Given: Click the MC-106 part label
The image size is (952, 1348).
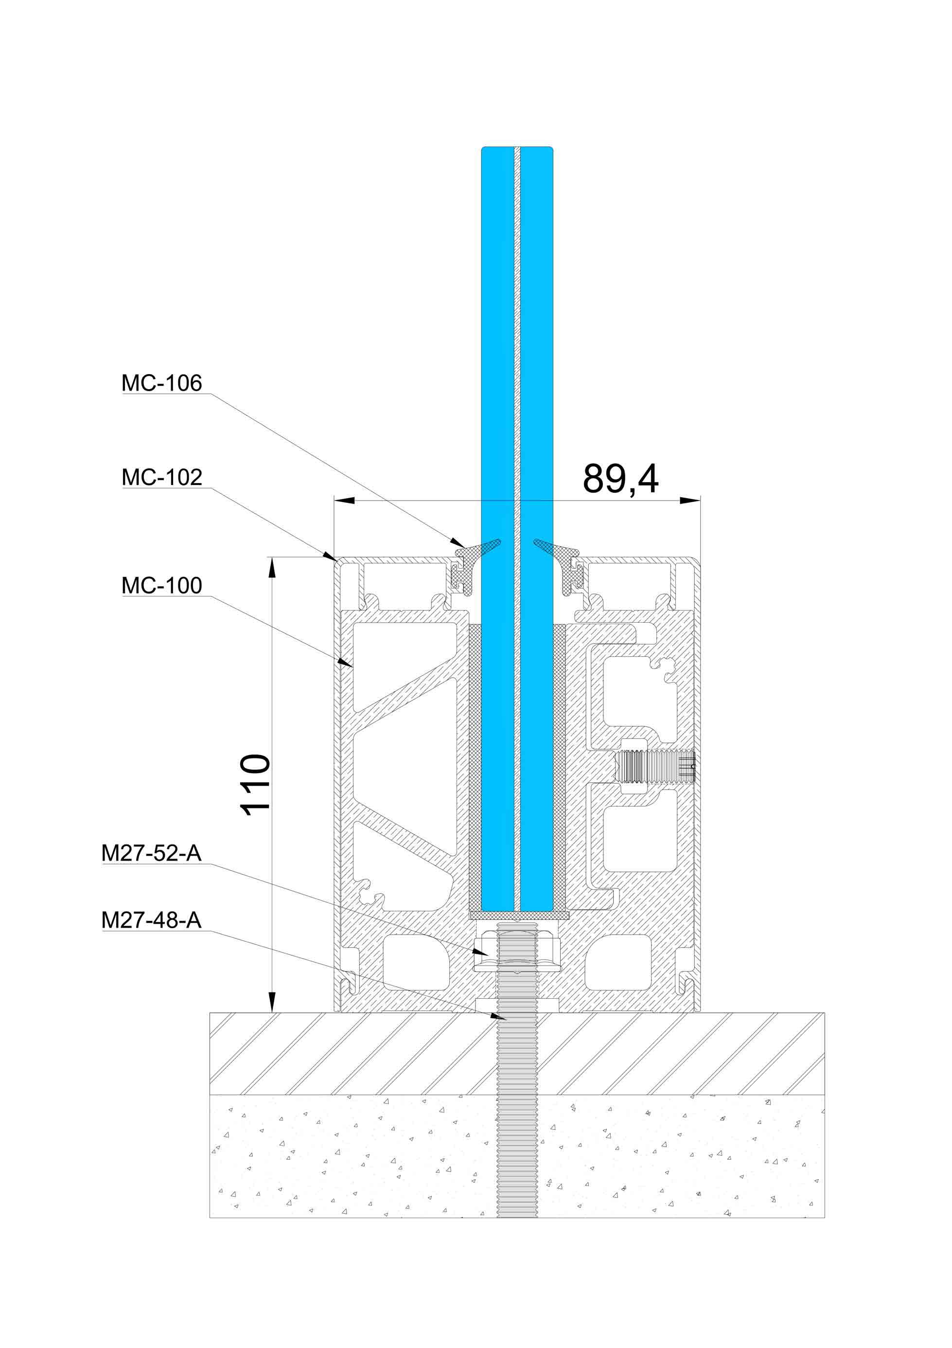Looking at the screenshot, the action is click(x=161, y=383).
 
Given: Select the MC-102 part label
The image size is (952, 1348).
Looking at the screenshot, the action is click(x=161, y=477).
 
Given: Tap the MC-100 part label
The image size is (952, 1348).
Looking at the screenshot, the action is click(x=161, y=585).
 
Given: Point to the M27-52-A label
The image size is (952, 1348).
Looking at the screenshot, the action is click(x=151, y=853).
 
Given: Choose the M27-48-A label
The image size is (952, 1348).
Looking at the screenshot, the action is click(x=151, y=920).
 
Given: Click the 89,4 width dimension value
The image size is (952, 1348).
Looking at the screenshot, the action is click(x=620, y=479).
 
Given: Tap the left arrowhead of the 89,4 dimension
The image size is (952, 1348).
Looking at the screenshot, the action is click(x=344, y=500).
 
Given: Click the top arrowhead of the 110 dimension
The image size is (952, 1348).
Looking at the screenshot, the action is click(x=272, y=567).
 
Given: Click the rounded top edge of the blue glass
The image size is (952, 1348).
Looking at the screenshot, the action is click(x=517, y=148).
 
